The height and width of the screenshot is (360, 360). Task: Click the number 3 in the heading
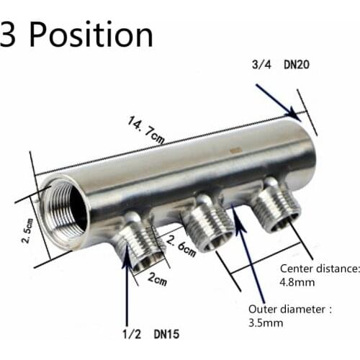8,35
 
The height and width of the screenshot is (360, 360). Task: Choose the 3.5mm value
266,324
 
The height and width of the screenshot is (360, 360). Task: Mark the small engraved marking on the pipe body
234,152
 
